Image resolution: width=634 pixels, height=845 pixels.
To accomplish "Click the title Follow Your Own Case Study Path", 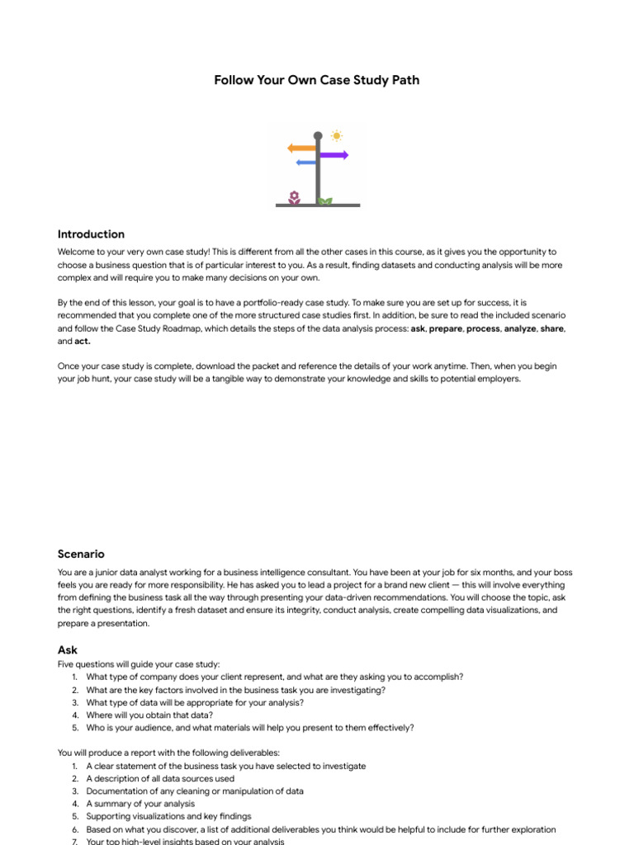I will coord(317,80).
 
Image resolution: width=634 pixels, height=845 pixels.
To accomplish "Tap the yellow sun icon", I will coord(336,135).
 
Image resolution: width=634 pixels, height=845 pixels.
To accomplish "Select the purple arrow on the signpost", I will coord(334,154).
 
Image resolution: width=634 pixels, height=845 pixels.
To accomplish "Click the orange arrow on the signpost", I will coord(301,148).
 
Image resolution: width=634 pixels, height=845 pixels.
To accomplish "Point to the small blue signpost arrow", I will coord(305,163).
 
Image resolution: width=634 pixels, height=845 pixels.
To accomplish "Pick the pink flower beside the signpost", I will coord(294,196).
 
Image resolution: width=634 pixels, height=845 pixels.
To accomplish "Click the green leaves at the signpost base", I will coord(325,201).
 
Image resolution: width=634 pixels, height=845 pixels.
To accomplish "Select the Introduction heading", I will coord(91,234).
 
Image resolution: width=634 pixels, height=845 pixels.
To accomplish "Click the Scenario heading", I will coord(81,554).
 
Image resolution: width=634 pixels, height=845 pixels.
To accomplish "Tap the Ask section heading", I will coord(68,650).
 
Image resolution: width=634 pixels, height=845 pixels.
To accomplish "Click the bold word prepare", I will coord(446,328).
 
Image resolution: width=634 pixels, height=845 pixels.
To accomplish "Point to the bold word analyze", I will coord(519,328).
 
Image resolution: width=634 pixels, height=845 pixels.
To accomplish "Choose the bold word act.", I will coord(83,341).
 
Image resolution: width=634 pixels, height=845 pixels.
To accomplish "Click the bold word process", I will coord(483,328).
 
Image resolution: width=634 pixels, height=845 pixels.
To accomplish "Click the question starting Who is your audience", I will coord(249,728).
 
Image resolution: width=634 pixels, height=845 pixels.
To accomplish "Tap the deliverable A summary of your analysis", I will coord(140,804).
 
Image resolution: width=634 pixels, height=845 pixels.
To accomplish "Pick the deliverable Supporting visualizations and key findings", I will coord(173,816).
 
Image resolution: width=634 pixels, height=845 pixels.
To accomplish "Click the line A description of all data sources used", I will coord(160,778).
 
